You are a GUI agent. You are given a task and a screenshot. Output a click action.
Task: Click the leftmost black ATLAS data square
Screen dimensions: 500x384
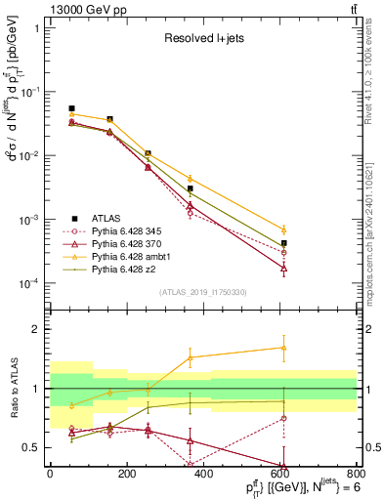point(71,108)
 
